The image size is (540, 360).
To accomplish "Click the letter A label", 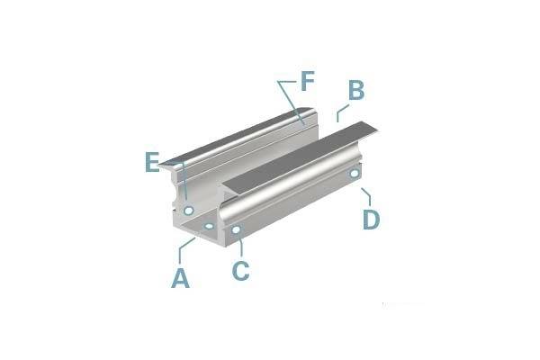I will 181,278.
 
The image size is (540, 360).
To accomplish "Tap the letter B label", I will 355,91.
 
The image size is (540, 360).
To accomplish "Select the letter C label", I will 240,270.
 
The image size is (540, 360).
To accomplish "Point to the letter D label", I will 372,219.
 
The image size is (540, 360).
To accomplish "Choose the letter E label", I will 152,163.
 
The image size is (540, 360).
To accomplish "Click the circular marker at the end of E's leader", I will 188,210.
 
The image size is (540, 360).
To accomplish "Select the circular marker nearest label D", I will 355,173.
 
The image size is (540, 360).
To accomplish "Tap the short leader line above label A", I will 186,248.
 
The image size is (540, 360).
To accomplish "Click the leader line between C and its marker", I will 238,246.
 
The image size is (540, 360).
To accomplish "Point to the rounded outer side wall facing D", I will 297,193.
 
